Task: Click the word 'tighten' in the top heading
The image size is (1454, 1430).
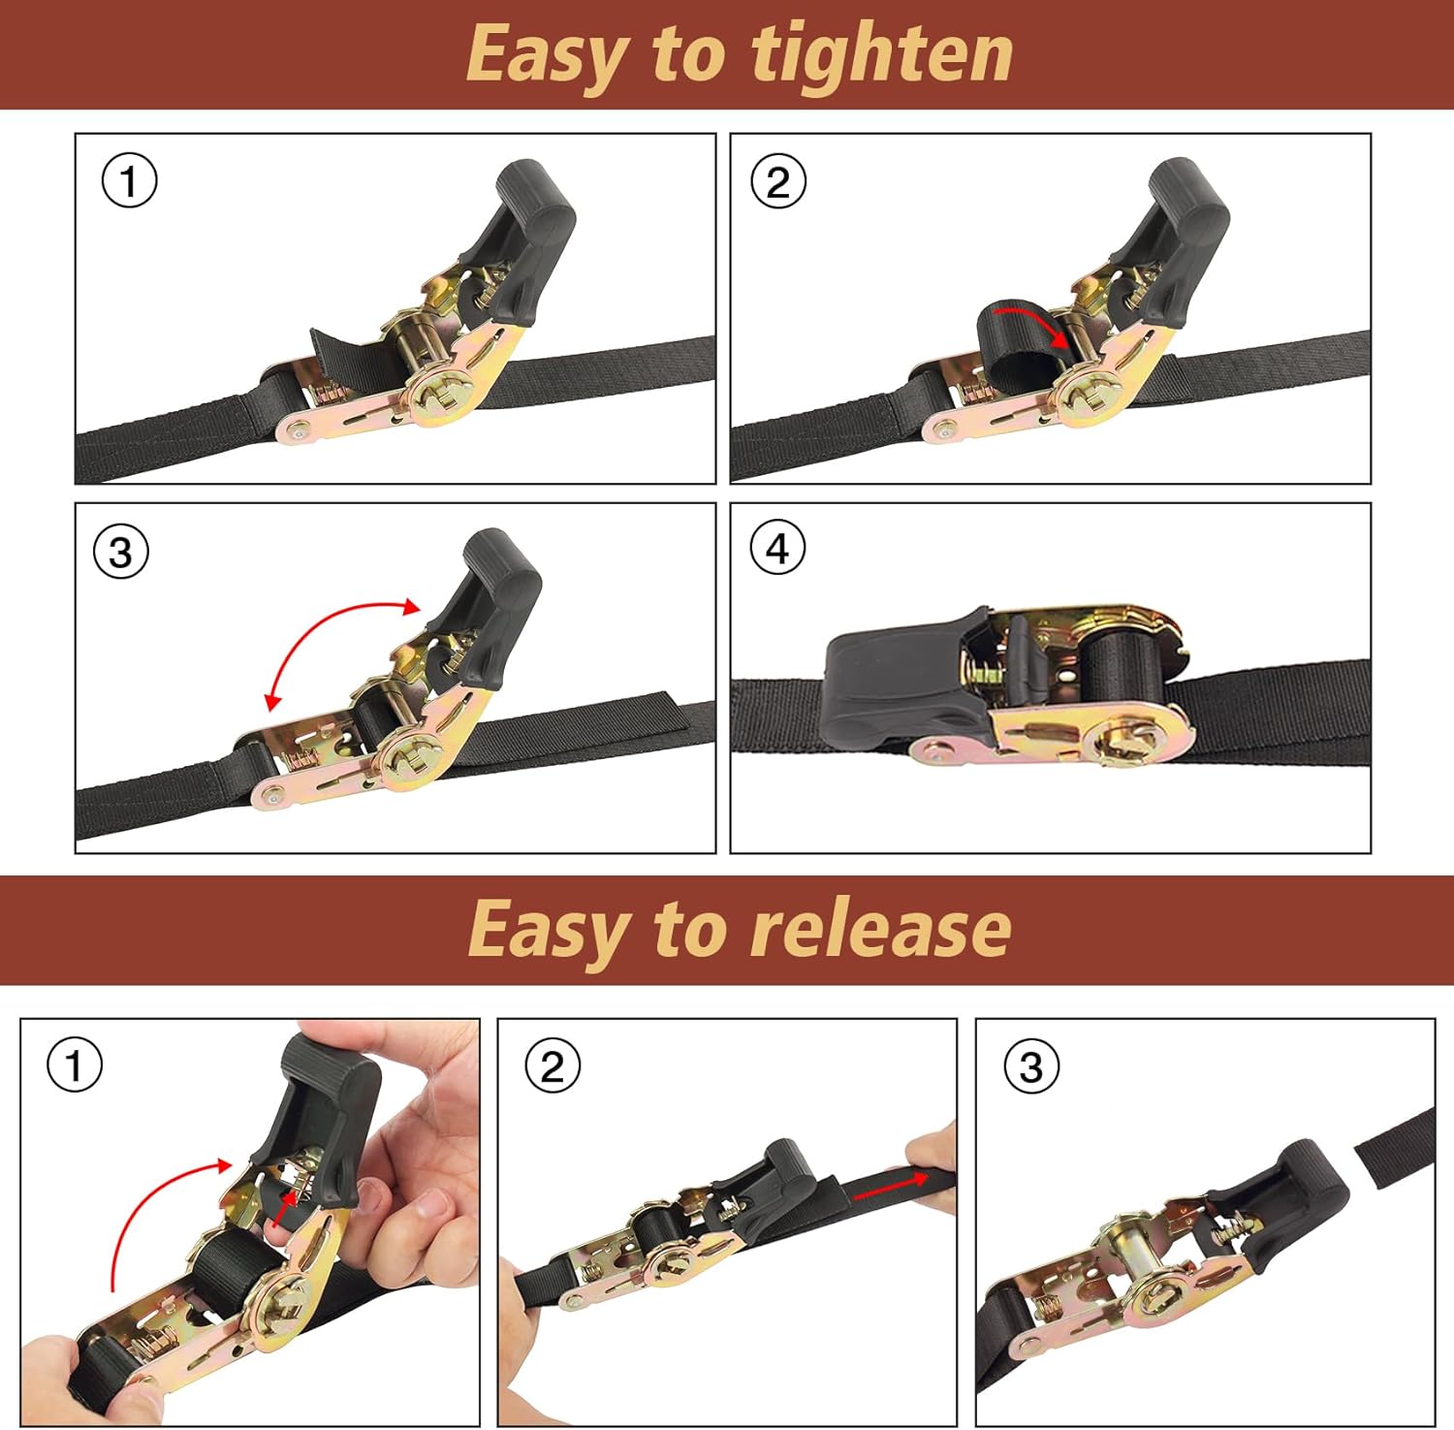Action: (x=882, y=56)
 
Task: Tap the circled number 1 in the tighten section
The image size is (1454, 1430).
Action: (x=129, y=181)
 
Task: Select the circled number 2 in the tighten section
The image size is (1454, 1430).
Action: (x=778, y=181)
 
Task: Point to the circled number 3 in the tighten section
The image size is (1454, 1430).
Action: (x=121, y=552)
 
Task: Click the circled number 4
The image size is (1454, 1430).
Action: (x=777, y=549)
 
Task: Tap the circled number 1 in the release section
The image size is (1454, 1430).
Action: (x=75, y=1065)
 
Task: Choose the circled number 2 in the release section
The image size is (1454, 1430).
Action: (x=553, y=1066)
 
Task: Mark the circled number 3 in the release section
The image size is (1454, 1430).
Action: (x=1031, y=1066)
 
